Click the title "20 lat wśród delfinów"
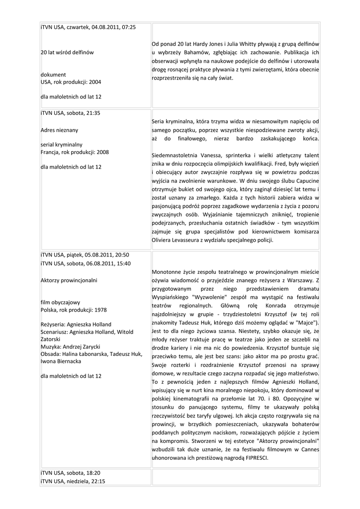click(67, 52)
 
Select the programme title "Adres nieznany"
click(59, 130)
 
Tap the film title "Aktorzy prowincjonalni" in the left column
click(69, 280)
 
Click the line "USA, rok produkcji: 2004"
click(71, 82)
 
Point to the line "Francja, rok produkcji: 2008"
click(75, 152)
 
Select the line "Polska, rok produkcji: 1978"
click(74, 310)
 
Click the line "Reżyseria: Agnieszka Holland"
click(76, 325)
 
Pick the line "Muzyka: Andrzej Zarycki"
click(71, 346)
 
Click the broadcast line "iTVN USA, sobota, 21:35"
click(70, 113)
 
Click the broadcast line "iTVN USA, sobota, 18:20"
click(70, 473)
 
